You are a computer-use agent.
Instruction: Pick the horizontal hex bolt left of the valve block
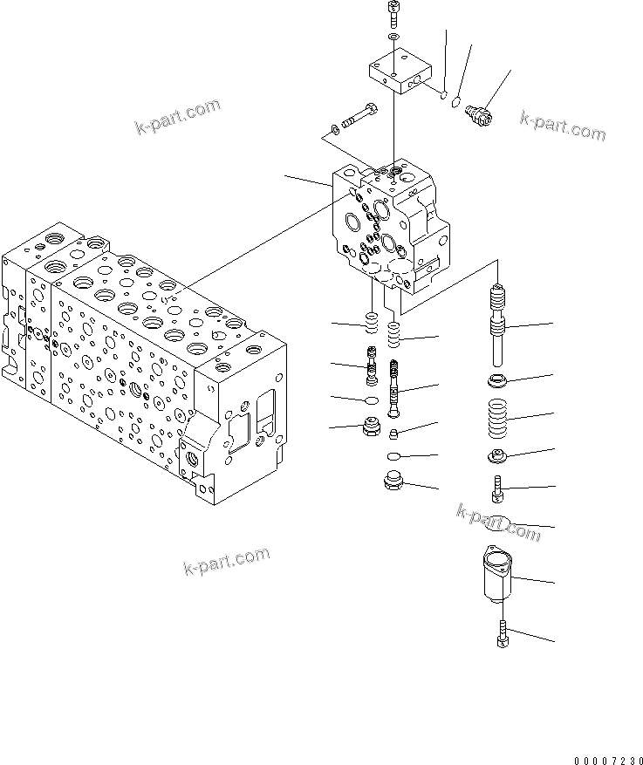357,117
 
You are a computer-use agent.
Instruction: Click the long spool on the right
499,328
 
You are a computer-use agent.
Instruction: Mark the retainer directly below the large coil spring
500,454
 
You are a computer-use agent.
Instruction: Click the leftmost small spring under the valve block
370,326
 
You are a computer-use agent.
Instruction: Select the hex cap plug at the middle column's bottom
393,482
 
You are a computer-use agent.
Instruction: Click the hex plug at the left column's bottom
370,428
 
